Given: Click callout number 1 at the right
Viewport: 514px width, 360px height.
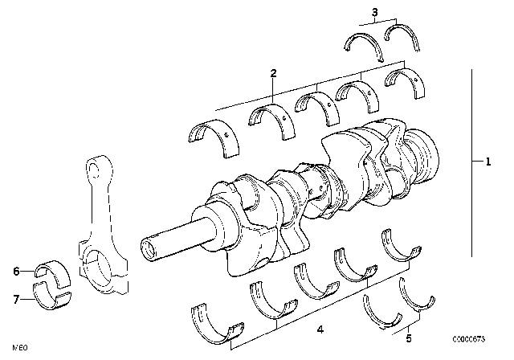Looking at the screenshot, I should (x=487, y=162).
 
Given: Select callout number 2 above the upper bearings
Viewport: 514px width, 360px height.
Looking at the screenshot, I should (x=273, y=74).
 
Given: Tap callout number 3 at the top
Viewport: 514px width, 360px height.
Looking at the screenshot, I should (x=374, y=11).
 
